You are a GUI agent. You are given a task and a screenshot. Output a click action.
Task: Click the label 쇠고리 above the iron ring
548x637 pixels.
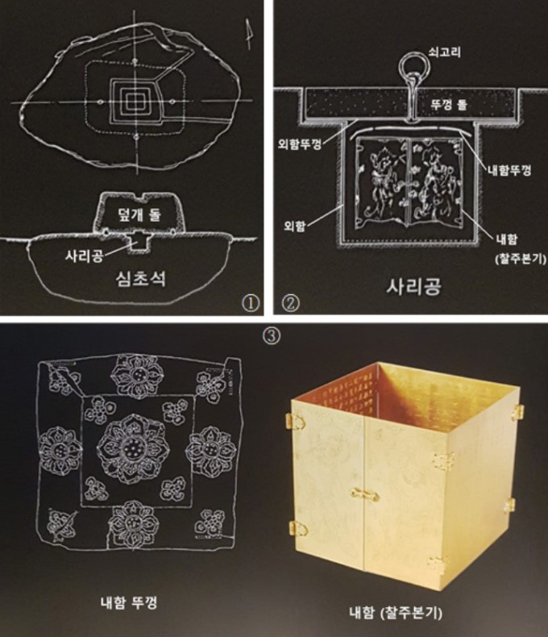[445, 52]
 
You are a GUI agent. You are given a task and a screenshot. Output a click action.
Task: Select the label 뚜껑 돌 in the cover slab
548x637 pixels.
[449, 105]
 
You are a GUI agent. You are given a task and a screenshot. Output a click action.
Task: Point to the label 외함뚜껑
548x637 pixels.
[300, 144]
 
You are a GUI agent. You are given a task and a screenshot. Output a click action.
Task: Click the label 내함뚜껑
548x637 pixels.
[509, 170]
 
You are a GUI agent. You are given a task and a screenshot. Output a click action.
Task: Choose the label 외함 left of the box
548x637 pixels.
[295, 226]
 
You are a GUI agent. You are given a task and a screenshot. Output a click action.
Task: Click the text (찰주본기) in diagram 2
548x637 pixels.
[521, 259]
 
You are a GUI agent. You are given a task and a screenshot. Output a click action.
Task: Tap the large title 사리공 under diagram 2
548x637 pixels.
[413, 287]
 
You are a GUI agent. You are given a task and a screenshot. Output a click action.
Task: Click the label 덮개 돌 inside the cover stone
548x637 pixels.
[139, 214]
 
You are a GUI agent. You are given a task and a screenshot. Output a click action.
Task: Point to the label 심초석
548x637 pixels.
[140, 279]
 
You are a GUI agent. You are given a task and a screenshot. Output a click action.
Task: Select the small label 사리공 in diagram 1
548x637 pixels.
[85, 256]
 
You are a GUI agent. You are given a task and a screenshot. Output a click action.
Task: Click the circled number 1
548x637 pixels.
[251, 303]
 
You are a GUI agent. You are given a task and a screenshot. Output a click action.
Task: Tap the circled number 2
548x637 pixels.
[291, 303]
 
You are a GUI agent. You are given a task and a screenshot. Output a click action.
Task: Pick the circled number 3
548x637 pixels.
[272, 336]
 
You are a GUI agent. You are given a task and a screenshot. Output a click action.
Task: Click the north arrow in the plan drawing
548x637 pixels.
[248, 35]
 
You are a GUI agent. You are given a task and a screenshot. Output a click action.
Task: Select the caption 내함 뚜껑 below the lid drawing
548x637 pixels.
[128, 602]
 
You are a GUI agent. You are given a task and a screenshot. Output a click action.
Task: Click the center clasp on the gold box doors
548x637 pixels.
[364, 494]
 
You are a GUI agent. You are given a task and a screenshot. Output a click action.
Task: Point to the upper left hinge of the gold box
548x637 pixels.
[296, 420]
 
